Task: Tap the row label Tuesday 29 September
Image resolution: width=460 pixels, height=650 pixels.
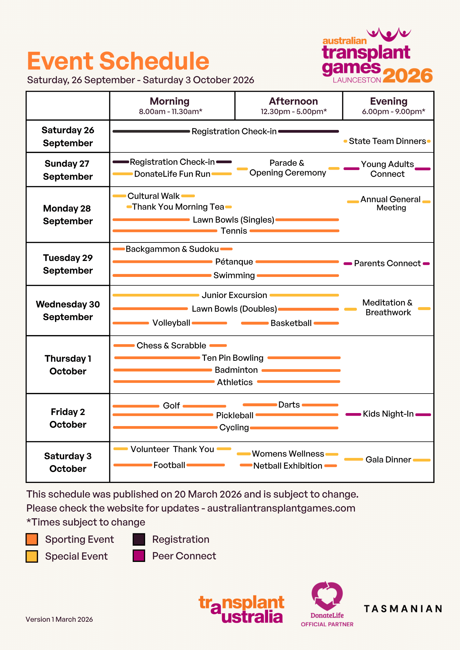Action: [68, 264]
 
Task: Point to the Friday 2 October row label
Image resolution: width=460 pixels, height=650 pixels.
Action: [68, 418]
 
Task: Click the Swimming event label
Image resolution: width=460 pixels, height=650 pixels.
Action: [234, 275]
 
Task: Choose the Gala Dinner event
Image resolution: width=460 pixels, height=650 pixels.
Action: [388, 460]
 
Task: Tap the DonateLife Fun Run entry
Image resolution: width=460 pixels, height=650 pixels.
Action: [172, 174]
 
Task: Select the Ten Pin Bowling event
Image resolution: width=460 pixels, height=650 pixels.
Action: [233, 358]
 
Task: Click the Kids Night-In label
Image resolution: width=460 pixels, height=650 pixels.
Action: [388, 414]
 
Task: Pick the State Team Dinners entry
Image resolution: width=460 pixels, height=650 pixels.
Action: [387, 141]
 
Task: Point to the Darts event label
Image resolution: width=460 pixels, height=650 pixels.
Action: [289, 405]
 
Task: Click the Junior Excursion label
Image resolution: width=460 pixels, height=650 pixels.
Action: [234, 295]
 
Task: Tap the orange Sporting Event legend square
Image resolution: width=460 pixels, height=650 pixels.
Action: [32, 539]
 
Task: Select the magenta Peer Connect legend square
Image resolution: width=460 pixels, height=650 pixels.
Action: [139, 556]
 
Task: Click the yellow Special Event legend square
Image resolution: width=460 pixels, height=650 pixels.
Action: [32, 556]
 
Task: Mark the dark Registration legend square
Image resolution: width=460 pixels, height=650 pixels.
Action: [139, 539]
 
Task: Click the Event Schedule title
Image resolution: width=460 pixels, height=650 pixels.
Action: [118, 61]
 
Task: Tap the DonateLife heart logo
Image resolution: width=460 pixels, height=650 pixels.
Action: [327, 596]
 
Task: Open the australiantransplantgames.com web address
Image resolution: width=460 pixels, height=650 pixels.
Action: [281, 508]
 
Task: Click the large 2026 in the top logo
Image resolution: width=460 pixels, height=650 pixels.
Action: [408, 76]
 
